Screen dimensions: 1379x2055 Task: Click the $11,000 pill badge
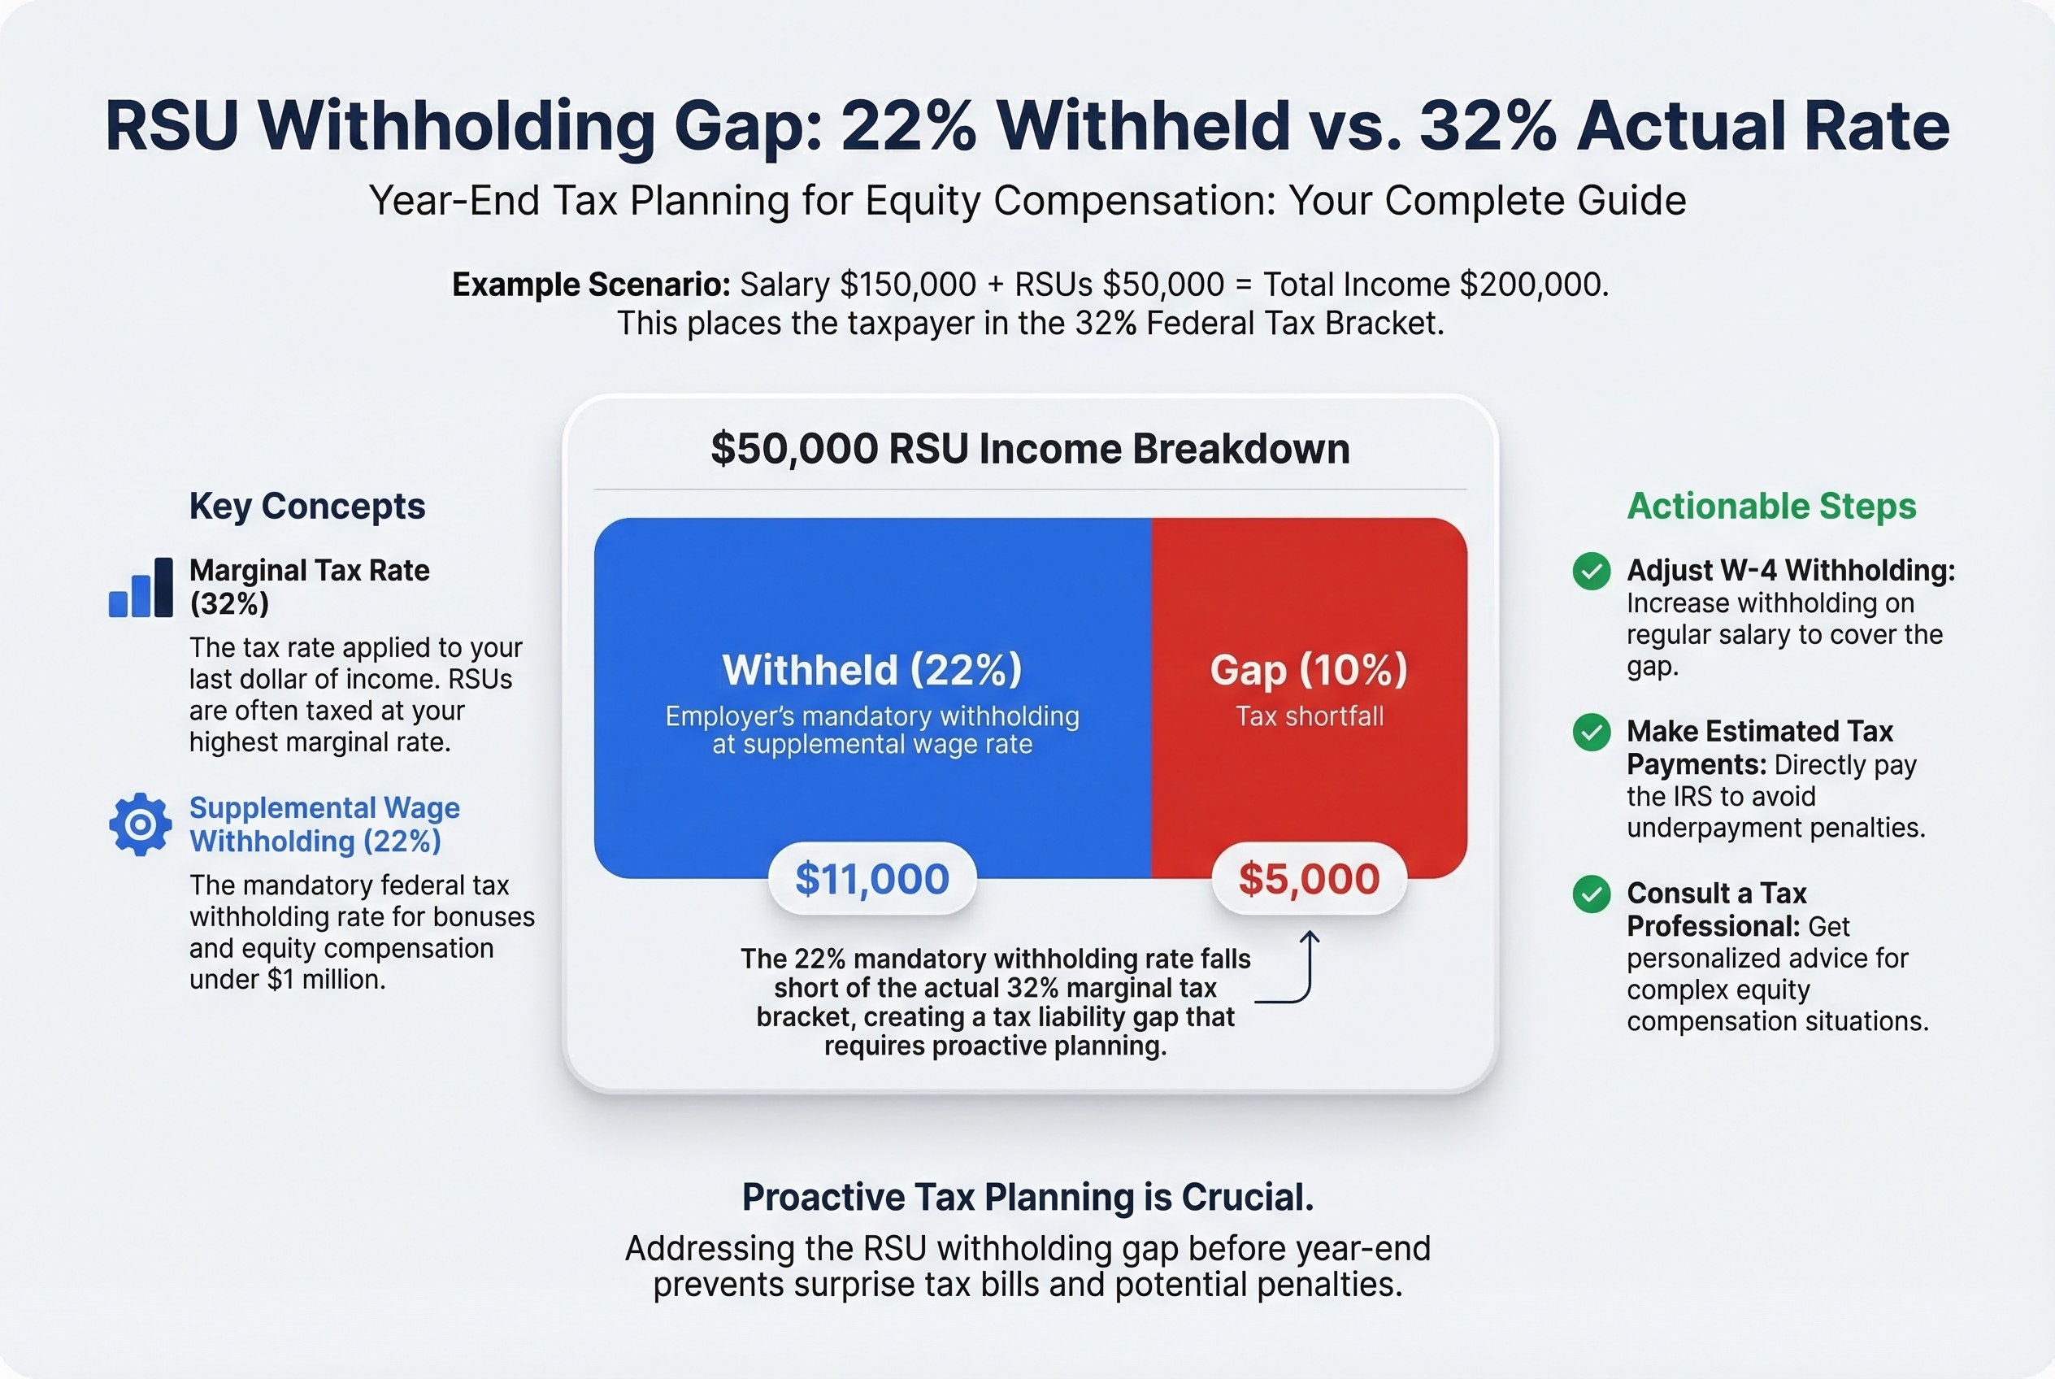(x=871, y=879)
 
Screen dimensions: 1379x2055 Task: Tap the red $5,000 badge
(x=1309, y=879)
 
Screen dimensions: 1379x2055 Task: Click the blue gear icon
(x=140, y=824)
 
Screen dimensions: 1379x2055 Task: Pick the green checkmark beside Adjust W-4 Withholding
(x=1591, y=571)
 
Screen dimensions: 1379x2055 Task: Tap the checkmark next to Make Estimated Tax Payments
(x=1591, y=732)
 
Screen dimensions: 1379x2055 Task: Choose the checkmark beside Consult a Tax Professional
(x=1591, y=894)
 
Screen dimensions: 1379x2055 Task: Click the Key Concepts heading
(x=307, y=506)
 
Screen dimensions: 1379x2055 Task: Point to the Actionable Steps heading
(x=1771, y=506)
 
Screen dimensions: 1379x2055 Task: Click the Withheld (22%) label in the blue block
(x=871, y=669)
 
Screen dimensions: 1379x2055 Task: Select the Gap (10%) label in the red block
(x=1309, y=669)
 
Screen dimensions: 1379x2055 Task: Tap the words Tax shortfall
(x=1309, y=716)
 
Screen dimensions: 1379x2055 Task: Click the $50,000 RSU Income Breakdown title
(x=1030, y=449)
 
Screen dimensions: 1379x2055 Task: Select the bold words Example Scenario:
(x=591, y=285)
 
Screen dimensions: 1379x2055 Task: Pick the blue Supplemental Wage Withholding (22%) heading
(x=324, y=824)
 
